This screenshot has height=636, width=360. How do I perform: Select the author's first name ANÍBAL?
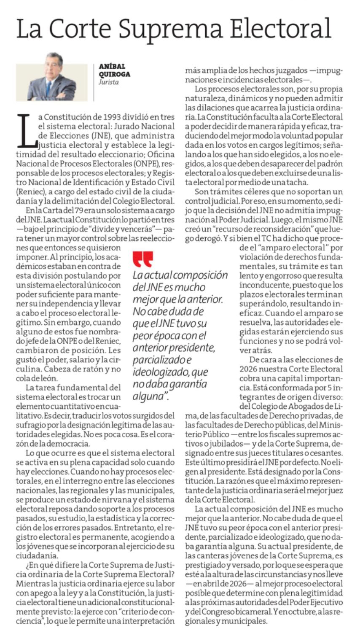pyautogui.click(x=112, y=66)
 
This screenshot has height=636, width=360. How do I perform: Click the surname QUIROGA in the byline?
pyautogui.click(x=115, y=74)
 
